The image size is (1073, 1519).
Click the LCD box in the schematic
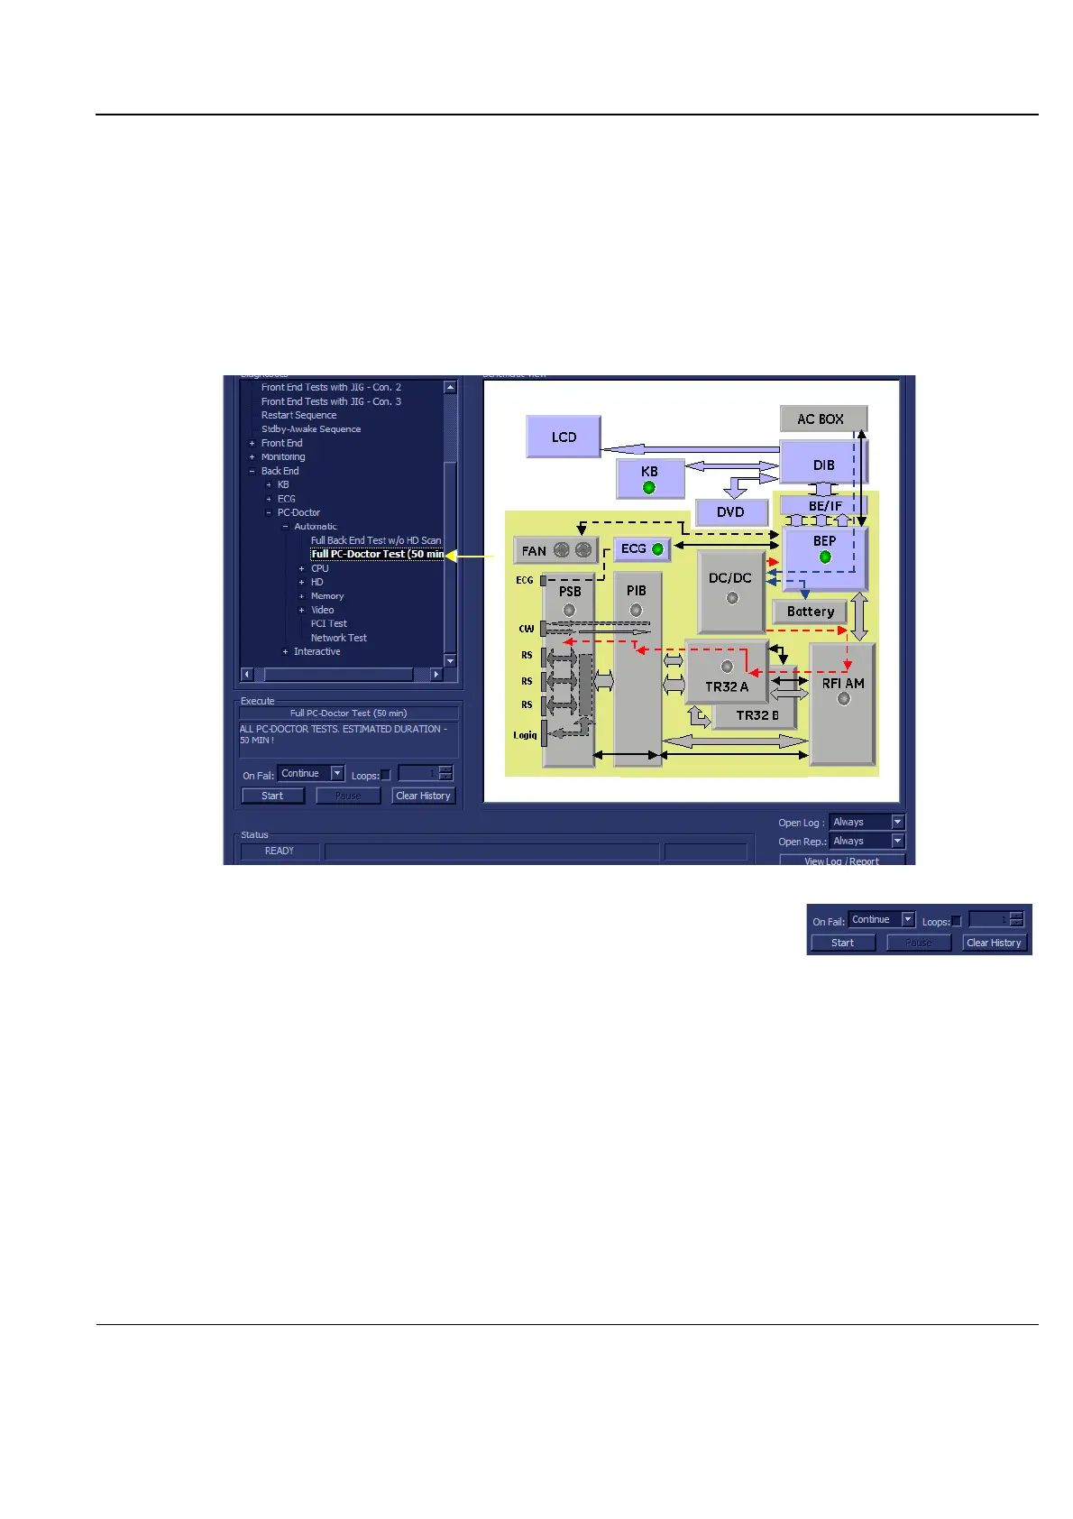564,437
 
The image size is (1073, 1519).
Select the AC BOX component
822,419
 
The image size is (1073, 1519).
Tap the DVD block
730,512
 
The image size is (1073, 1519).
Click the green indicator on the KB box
648,488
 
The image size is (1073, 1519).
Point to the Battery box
810,612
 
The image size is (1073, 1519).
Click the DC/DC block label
730,578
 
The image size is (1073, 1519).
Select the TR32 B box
757,715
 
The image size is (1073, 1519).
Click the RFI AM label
843,684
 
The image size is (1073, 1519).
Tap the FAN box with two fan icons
555,550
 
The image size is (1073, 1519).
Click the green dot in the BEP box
824,557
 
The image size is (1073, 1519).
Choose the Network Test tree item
339,638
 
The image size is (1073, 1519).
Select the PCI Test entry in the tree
329,623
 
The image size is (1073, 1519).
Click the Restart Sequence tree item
298,415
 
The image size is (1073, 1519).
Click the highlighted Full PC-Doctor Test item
378,554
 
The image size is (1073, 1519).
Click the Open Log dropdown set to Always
867,822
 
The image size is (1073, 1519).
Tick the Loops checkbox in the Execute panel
386,775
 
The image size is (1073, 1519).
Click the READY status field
280,851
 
